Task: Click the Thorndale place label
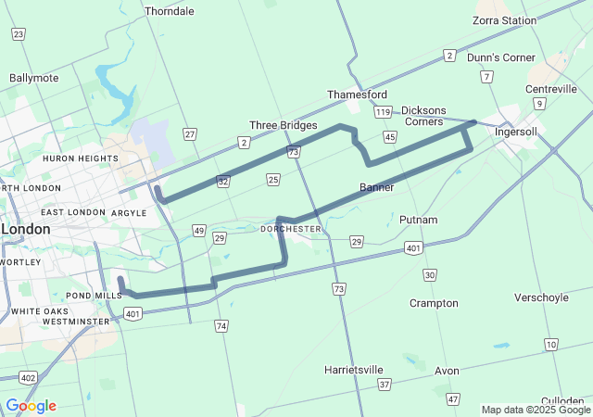tap(170, 11)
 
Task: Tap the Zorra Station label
tap(505, 20)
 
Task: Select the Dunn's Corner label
tap(501, 57)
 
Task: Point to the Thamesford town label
tap(357, 95)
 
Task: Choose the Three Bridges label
tap(284, 125)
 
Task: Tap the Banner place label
tap(377, 187)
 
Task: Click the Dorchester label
tap(291, 228)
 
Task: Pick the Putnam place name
tap(418, 220)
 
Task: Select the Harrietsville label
tap(354, 370)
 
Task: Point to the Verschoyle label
tap(542, 297)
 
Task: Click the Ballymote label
tap(34, 78)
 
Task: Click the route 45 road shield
tap(390, 137)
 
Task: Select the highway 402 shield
tap(28, 377)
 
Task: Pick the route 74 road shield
tap(221, 326)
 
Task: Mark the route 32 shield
tap(223, 182)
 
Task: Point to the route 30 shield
tap(429, 275)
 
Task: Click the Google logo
tap(31, 406)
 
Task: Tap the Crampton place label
tap(434, 303)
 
